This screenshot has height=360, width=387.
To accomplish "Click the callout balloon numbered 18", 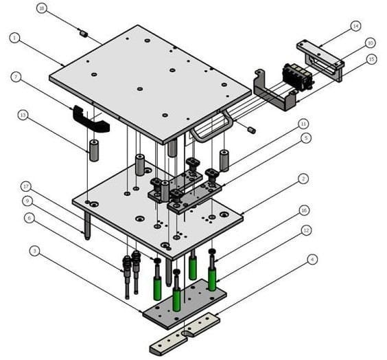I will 42,8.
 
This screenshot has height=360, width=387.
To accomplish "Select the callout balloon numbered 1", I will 14,37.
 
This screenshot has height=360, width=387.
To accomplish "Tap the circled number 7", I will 14,76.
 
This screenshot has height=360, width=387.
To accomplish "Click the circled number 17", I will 26,185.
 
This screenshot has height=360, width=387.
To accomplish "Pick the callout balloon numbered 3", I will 34,251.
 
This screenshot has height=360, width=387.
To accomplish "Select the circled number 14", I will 355,27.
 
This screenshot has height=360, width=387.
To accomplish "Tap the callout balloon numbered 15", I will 371,59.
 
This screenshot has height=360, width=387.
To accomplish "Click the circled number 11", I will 303,124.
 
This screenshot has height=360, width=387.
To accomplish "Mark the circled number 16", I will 303,210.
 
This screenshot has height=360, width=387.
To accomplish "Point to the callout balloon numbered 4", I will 312,259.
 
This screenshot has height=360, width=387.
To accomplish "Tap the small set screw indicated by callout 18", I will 82,32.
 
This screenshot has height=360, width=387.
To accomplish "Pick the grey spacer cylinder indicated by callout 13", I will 94,149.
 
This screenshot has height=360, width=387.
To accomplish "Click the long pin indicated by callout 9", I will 86,224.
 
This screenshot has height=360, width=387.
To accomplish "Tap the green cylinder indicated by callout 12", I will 212,278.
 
